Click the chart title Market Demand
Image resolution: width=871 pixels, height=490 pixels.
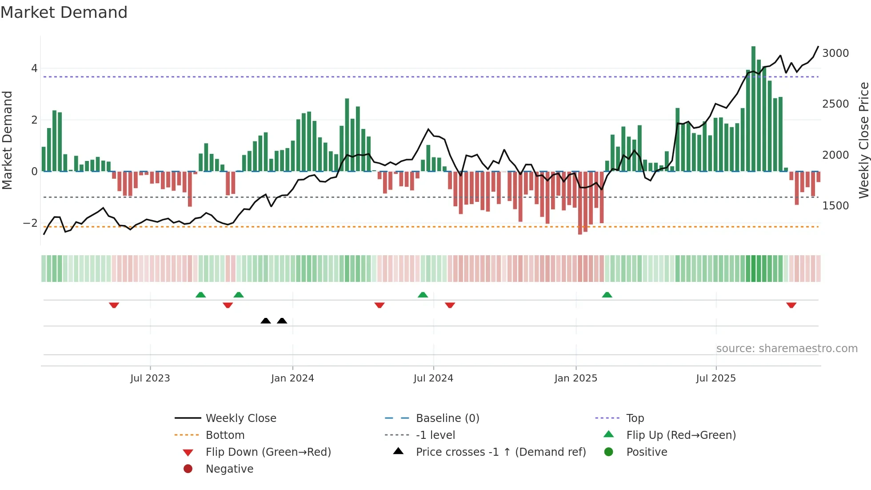(64, 12)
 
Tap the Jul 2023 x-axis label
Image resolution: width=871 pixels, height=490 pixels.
(150, 378)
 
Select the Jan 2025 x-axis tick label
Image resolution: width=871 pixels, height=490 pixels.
(575, 378)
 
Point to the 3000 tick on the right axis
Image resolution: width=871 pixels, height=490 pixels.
(835, 53)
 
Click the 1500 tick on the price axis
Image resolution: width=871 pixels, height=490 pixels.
(835, 206)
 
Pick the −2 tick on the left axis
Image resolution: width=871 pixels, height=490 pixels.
(31, 223)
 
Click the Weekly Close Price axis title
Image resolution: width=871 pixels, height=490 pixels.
(863, 140)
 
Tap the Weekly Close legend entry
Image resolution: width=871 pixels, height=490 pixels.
(240, 418)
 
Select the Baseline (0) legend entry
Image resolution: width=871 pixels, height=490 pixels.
(447, 418)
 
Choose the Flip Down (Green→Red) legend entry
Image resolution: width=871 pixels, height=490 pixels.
(268, 452)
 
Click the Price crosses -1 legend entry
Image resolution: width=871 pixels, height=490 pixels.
(500, 452)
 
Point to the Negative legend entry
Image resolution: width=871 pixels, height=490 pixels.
(229, 469)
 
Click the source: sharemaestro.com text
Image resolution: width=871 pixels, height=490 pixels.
(787, 349)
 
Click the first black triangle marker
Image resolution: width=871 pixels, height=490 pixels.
(266, 321)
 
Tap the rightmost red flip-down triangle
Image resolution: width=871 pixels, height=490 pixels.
(791, 305)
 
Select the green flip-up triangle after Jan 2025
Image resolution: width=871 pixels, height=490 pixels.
(607, 295)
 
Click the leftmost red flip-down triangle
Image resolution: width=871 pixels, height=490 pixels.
(114, 305)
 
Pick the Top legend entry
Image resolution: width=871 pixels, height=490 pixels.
(635, 418)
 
